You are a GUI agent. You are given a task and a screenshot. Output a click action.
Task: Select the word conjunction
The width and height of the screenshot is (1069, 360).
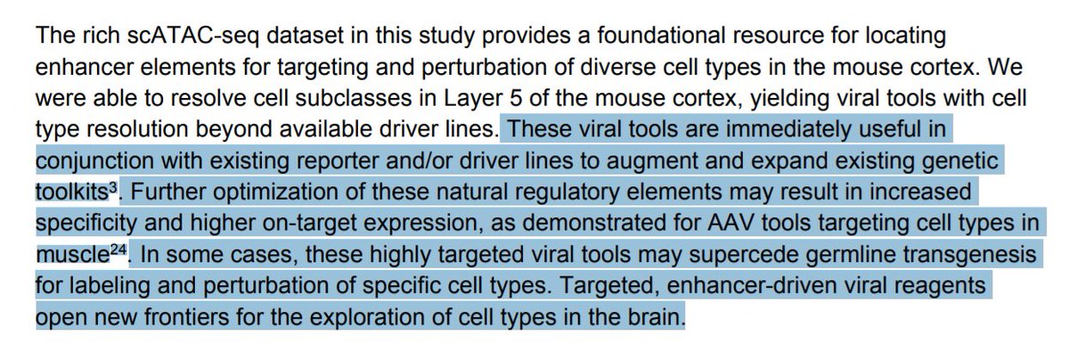click(88, 162)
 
